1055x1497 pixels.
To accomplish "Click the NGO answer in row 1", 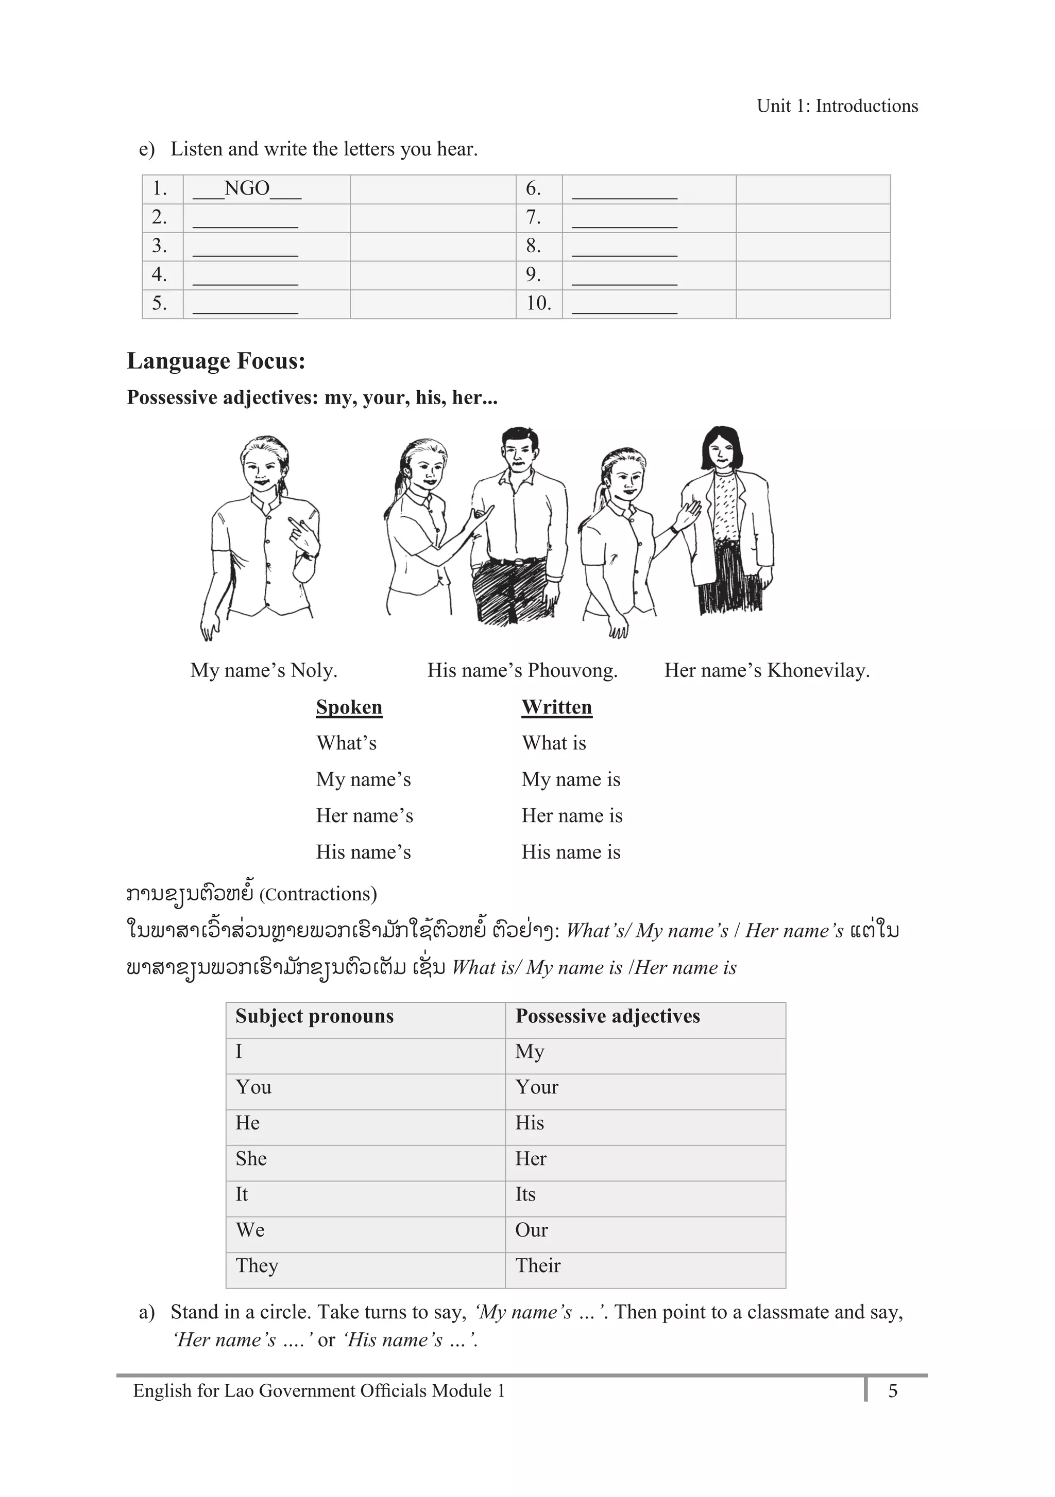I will (x=247, y=188).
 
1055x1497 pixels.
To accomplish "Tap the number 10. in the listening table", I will (x=538, y=303).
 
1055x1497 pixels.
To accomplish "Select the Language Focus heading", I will (x=216, y=360).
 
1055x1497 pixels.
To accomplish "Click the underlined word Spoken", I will (x=349, y=707).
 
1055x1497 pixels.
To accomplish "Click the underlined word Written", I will (x=556, y=707).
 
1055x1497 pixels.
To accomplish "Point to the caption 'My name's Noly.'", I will (x=264, y=670).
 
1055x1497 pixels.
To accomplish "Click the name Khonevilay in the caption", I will (x=818, y=670).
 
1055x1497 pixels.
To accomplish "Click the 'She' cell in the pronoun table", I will (x=251, y=1159).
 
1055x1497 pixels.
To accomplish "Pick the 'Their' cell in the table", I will (x=538, y=1265).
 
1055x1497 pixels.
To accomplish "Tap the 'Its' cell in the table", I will (x=525, y=1194).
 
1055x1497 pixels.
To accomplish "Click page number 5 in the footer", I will (x=893, y=1391).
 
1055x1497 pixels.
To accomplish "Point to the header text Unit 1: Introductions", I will (x=837, y=106).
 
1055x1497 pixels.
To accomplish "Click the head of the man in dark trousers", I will (x=519, y=449).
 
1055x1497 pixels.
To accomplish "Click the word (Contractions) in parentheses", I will (x=318, y=894).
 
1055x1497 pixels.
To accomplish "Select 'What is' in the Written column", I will (x=554, y=743).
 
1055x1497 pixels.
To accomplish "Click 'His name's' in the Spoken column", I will (x=363, y=852).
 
